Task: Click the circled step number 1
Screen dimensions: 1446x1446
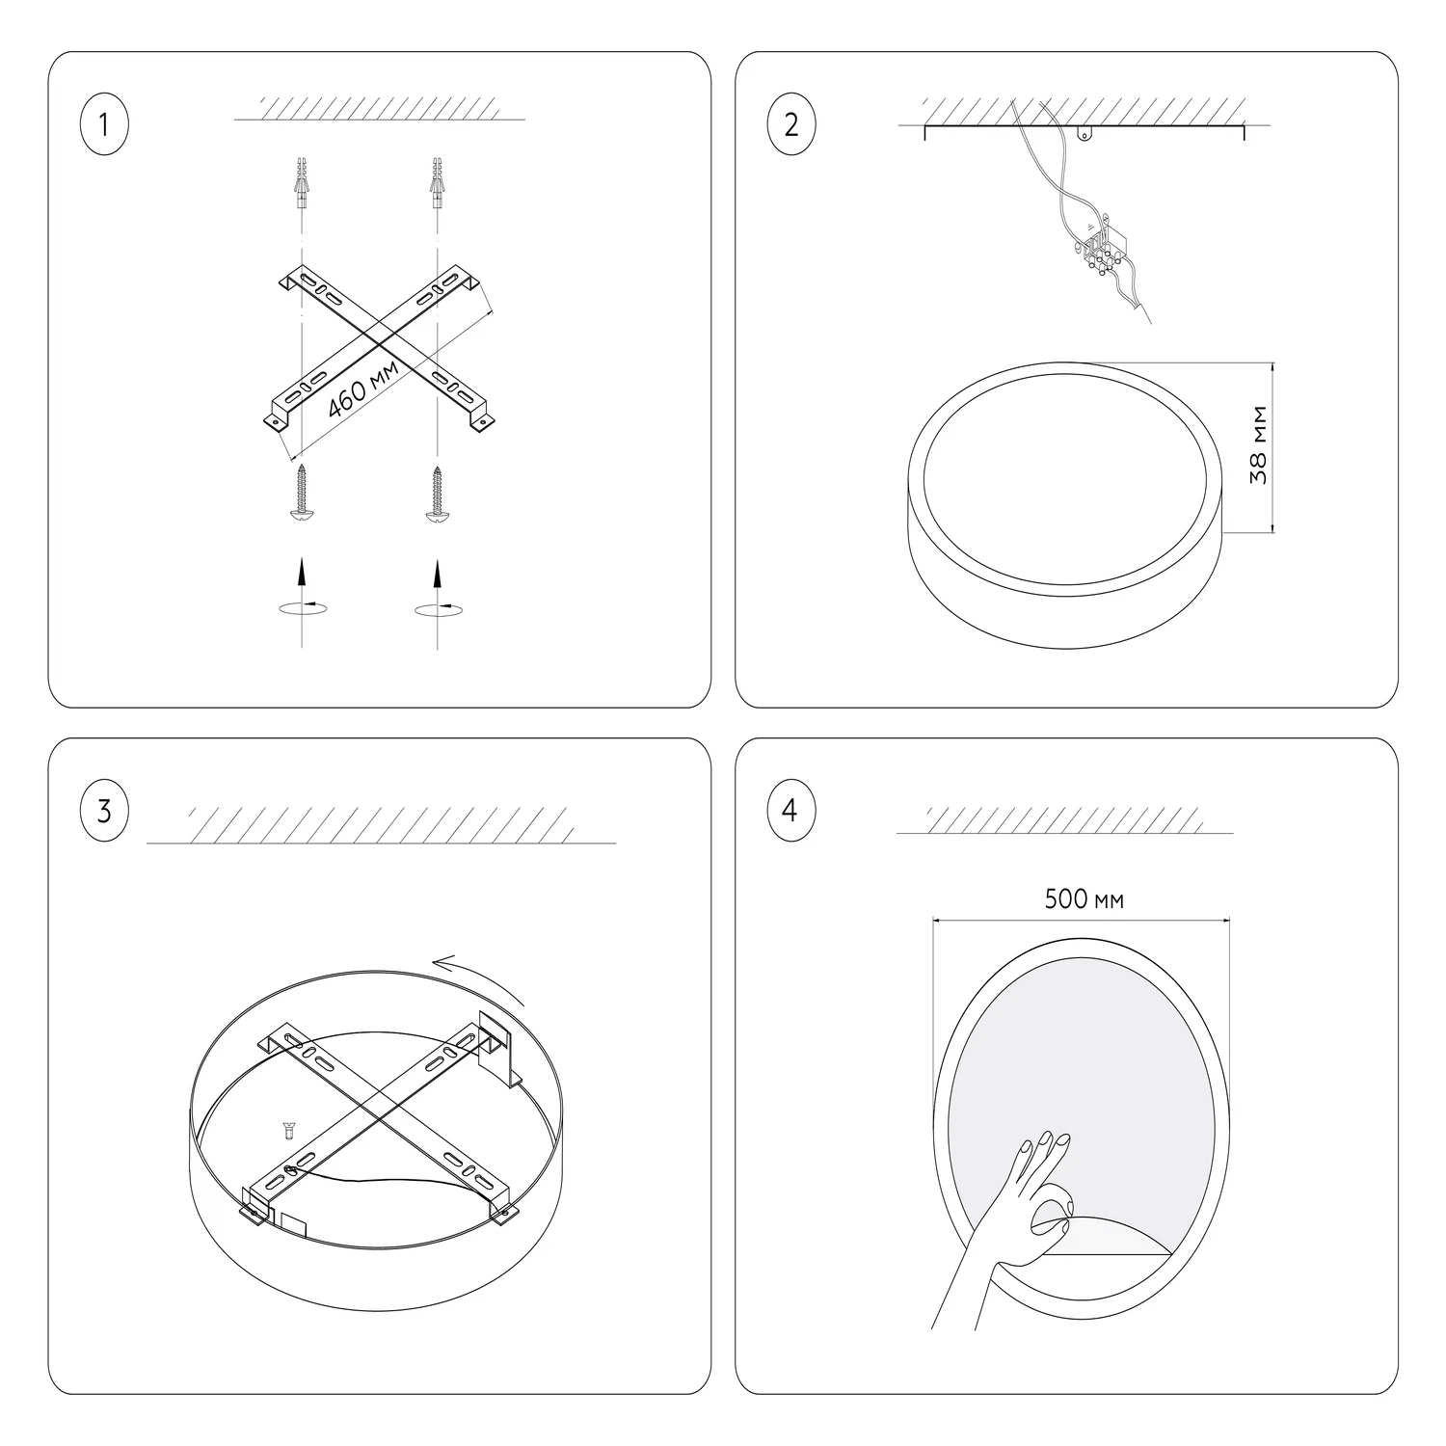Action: (103, 124)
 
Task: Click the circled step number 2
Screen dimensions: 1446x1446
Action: (791, 124)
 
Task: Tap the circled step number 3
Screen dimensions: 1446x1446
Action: (103, 812)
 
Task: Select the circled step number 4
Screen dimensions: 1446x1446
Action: (791, 811)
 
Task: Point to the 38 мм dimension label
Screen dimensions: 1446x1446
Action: (1257, 445)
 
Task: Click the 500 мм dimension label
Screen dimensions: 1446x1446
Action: (1084, 899)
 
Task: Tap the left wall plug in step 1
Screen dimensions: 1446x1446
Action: (302, 183)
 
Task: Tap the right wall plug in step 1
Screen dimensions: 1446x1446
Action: (439, 183)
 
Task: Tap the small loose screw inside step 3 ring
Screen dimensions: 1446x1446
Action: (287, 1131)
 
